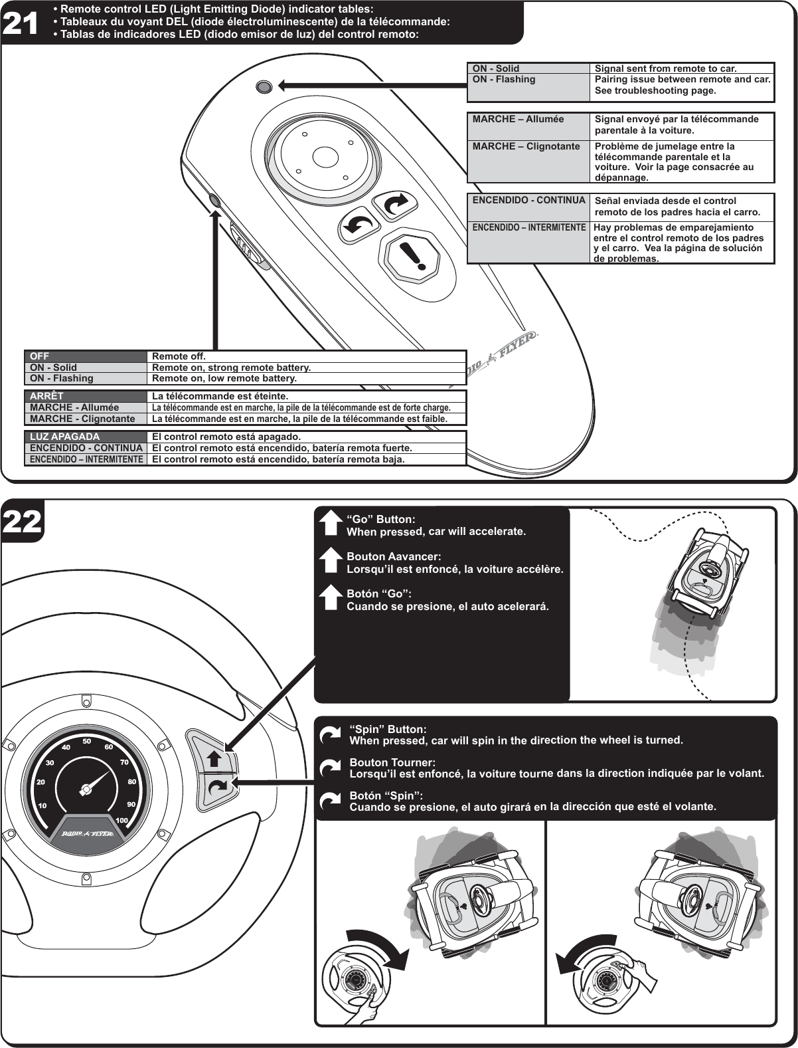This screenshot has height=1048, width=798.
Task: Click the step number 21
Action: [x=21, y=23]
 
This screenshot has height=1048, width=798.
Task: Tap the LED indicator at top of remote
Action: [x=263, y=86]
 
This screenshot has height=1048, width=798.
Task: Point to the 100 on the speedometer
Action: [x=121, y=821]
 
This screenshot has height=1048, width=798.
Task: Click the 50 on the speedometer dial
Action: [x=86, y=740]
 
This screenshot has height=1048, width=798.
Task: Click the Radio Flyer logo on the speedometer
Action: [x=87, y=833]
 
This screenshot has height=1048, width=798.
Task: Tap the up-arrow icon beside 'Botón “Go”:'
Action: [x=330, y=597]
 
